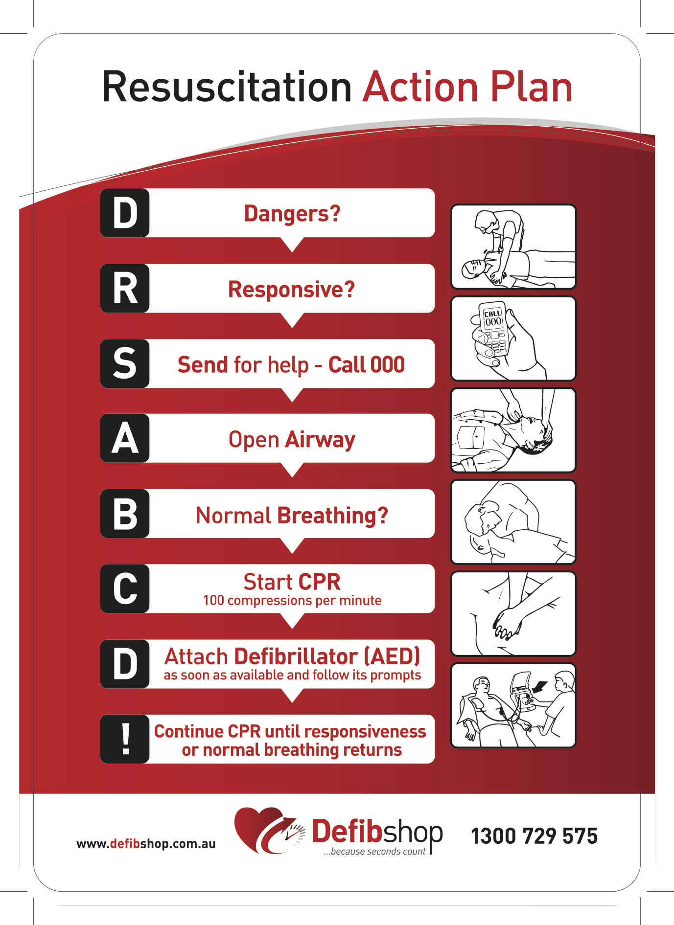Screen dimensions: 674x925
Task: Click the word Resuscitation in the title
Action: coord(227,87)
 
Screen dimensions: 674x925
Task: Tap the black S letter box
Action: coord(125,363)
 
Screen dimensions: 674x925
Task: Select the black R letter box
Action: coord(125,288)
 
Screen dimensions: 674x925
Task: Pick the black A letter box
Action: coord(125,438)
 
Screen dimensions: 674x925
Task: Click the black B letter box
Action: coord(125,514)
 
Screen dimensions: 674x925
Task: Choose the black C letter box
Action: coord(125,588)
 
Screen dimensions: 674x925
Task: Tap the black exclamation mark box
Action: coord(125,739)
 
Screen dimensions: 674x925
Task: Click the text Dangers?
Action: coord(292,214)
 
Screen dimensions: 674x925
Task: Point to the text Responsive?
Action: coord(292,290)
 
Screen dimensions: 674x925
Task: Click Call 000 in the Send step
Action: coord(367,364)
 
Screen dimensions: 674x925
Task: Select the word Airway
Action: coord(321,440)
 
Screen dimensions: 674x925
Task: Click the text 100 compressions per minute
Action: coord(292,600)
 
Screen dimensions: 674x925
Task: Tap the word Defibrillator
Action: coord(296,656)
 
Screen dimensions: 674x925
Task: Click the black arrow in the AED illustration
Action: coord(539,687)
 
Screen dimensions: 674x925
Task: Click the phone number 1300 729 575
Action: coord(534,836)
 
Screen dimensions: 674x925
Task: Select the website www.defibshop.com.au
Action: coord(146,844)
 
